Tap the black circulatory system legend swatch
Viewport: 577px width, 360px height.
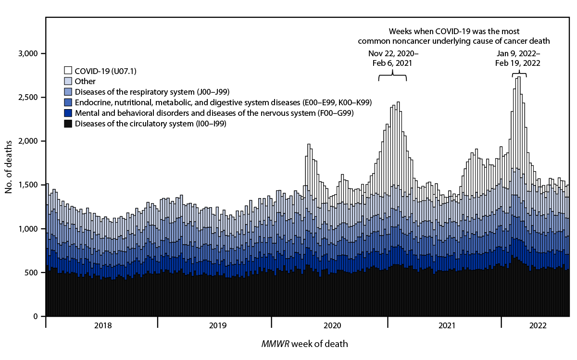tap(68, 124)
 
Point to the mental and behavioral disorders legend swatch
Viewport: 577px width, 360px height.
tap(68, 113)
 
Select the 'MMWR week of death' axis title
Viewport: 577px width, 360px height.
tap(304, 344)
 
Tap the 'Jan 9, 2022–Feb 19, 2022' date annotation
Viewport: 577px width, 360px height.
tap(518, 58)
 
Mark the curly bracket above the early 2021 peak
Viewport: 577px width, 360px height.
tap(392, 75)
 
